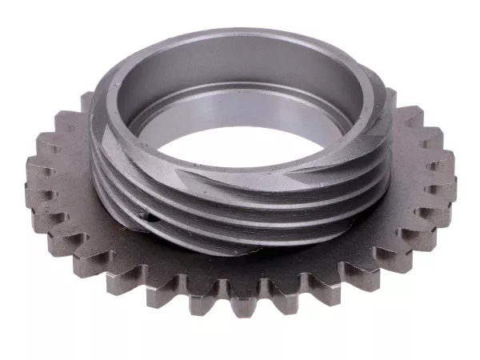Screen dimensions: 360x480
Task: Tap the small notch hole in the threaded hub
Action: point(143,214)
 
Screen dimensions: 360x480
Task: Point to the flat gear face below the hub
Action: point(240,268)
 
